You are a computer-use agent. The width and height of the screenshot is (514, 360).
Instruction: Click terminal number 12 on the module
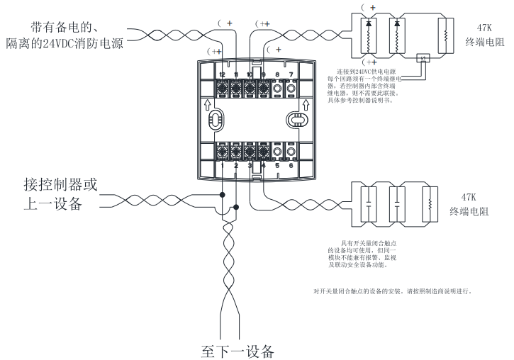click(x=222, y=74)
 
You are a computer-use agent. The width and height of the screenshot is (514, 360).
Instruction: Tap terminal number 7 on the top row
click(x=291, y=74)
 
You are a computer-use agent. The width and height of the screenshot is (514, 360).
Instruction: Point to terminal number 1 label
click(x=222, y=165)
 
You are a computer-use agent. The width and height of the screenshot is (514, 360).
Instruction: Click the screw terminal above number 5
click(x=277, y=151)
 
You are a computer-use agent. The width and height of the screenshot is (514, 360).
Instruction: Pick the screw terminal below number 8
click(x=277, y=89)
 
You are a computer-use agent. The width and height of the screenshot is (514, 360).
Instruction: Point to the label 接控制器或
click(x=60, y=185)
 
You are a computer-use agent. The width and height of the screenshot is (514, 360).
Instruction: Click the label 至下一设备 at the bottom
click(x=236, y=351)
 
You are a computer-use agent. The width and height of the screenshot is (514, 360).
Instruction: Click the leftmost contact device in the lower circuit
click(x=368, y=203)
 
